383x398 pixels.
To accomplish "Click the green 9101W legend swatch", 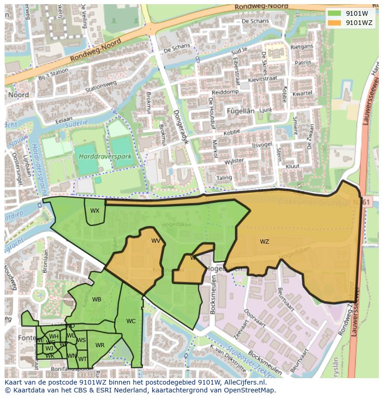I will tap(334, 13).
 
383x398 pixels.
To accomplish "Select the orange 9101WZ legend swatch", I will tap(334, 22).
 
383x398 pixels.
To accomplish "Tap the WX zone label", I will tap(94, 211).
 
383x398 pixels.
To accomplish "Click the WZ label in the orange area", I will tap(264, 242).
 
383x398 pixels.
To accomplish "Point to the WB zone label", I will tap(96, 300).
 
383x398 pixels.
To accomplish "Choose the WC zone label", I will tap(131, 321).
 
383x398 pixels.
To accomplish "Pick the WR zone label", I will tap(100, 345).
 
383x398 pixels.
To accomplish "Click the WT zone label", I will tap(82, 359).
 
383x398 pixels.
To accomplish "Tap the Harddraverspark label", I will tap(105, 157).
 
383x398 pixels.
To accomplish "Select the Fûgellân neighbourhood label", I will tap(241, 111).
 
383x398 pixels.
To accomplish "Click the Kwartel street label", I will tap(303, 93).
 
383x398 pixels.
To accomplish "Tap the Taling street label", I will tap(224, 178).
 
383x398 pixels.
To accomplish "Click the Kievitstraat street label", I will tap(263, 79).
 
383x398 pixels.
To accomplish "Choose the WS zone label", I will tap(81, 340).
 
